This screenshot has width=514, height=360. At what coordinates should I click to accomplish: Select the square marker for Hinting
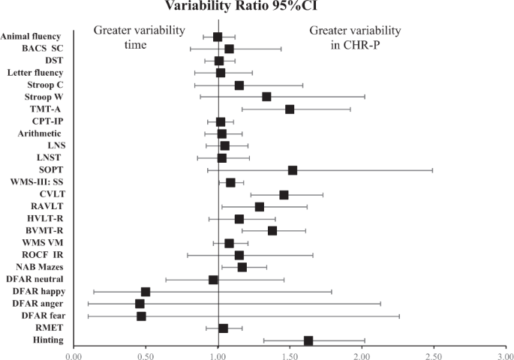pos(308,340)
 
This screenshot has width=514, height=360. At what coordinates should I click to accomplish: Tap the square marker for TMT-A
pos(290,109)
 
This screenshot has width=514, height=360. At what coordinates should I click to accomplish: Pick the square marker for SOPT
pos(293,170)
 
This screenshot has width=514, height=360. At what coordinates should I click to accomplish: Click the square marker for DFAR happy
pos(146,292)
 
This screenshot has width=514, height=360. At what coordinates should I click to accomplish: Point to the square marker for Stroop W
pos(266,97)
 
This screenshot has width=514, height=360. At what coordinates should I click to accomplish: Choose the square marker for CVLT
pos(284,195)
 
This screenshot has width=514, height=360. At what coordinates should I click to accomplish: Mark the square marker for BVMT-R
pos(272,231)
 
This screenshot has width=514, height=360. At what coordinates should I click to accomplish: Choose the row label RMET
pos(50,328)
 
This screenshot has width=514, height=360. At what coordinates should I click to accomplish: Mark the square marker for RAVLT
pos(260,207)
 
